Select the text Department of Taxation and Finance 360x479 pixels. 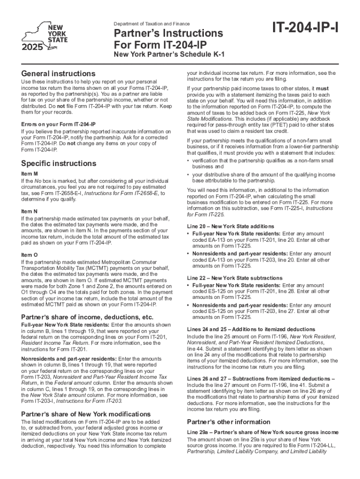click(x=151, y=23)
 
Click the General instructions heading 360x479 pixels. click(x=58, y=73)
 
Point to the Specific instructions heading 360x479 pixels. click(x=59, y=163)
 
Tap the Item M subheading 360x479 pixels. click(x=29, y=174)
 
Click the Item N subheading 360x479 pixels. click(x=29, y=211)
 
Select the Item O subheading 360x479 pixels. click(x=29, y=255)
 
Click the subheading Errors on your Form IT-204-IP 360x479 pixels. click(x=58, y=124)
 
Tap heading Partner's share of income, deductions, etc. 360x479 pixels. click(x=88, y=317)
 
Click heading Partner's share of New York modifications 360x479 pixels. click(x=86, y=414)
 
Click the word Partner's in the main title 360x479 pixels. click(x=142, y=34)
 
